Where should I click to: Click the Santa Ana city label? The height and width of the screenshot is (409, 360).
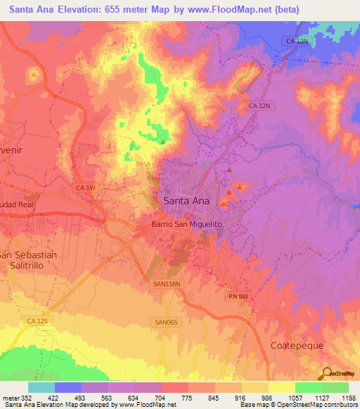(x=186, y=200)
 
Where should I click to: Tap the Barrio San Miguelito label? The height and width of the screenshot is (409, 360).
(x=186, y=223)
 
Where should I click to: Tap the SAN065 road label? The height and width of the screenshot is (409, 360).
(x=165, y=322)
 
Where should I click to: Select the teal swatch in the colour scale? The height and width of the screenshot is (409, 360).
(x=41, y=387)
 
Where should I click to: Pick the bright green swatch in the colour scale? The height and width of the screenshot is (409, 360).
(x=308, y=387)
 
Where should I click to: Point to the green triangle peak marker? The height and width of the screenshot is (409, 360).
(x=163, y=142)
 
